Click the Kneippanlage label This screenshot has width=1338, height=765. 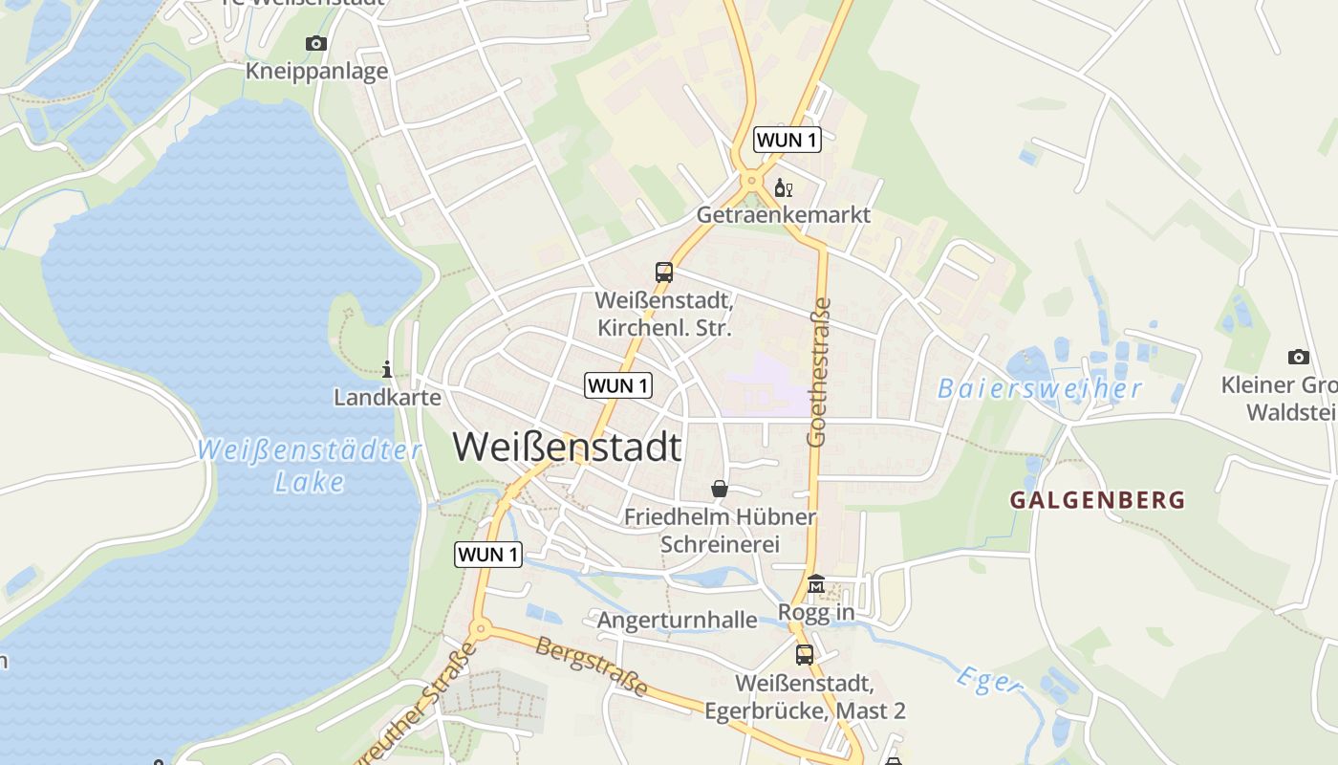point(316,71)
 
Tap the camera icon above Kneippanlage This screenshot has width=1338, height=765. point(316,43)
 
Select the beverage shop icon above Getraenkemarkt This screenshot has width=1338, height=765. point(783,187)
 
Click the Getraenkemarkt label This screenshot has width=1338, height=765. point(783,214)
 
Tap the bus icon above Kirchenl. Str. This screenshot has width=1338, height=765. point(664,272)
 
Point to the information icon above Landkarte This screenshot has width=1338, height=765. point(387,369)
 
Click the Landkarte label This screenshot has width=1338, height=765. point(387,397)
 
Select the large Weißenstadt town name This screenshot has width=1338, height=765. point(567,448)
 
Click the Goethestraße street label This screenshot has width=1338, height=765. point(818,373)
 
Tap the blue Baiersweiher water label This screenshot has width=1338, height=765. point(1039,388)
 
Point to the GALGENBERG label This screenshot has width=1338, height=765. point(1097,499)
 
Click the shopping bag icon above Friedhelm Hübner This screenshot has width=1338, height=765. point(720,489)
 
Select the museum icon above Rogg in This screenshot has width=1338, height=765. point(816,583)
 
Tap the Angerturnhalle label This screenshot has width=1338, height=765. point(677,621)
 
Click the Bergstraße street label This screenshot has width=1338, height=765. point(591,667)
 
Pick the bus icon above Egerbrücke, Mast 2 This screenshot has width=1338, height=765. point(805,655)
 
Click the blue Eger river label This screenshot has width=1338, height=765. point(988,681)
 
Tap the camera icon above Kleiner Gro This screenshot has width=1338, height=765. point(1298,357)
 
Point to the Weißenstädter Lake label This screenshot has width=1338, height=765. point(309,465)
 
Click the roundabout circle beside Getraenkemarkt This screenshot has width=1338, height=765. point(752,179)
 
